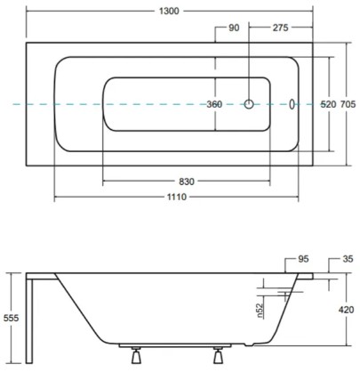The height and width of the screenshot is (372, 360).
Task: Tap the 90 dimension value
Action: tap(234, 28)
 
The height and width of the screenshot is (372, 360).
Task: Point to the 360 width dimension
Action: tap(214, 104)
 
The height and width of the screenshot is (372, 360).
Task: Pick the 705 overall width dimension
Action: tap(349, 104)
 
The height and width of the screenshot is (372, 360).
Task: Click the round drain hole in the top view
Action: tap(251, 104)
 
